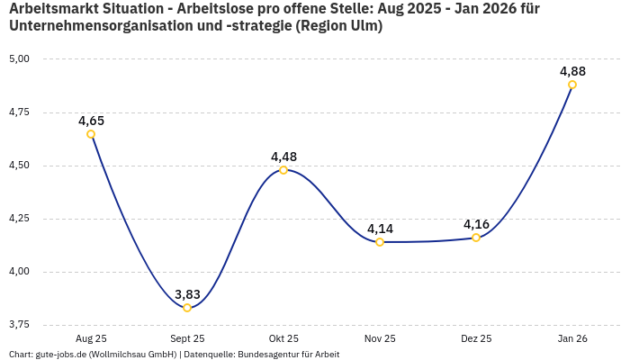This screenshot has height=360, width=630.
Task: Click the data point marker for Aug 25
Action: click(x=91, y=134)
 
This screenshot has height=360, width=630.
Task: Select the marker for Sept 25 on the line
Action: click(x=187, y=308)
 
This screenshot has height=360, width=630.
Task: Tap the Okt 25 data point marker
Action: click(x=283, y=170)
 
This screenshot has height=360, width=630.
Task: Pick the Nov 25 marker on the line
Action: click(x=380, y=242)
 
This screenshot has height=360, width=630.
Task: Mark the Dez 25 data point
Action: click(x=476, y=238)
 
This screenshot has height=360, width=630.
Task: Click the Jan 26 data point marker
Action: click(x=572, y=85)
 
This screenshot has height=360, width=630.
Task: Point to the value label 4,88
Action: click(x=573, y=71)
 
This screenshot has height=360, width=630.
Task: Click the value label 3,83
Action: click(x=188, y=294)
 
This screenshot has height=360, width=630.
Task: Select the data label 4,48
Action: click(x=283, y=157)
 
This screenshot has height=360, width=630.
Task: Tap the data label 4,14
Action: click(x=380, y=229)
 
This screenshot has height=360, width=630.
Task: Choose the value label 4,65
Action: click(x=92, y=121)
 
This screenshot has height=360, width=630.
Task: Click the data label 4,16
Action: click(x=476, y=224)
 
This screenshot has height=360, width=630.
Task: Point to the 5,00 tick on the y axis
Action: click(x=19, y=59)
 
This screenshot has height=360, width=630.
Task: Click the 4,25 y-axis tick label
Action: click(x=19, y=219)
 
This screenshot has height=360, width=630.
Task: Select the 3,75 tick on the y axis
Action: click(x=19, y=325)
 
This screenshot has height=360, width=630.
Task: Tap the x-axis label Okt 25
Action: click(x=283, y=338)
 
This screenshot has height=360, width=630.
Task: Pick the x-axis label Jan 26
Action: click(x=572, y=338)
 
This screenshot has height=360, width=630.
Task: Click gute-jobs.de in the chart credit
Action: click(x=61, y=355)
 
